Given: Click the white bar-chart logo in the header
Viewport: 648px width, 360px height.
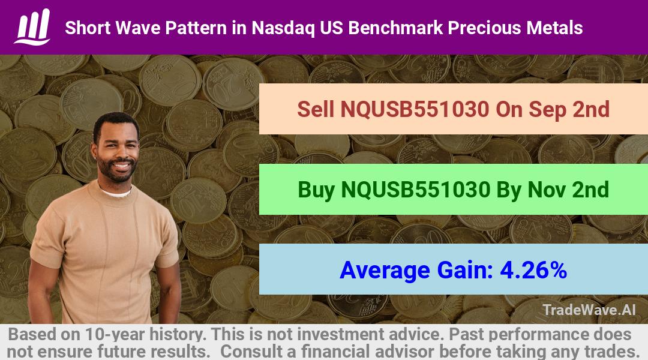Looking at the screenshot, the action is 32,27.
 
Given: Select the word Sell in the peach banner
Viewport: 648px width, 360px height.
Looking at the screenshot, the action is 316,109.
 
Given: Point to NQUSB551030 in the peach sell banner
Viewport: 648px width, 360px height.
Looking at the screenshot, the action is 415,109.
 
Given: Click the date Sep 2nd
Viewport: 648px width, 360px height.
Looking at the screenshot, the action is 553,110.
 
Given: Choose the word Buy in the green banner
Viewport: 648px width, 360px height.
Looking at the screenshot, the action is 316,190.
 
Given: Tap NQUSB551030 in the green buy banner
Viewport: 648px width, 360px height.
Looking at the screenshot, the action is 416,190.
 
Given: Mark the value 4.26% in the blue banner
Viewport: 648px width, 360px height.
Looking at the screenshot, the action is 533,270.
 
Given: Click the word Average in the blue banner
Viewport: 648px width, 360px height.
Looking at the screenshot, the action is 385,271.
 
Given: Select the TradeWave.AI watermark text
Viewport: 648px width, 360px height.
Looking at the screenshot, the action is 589,310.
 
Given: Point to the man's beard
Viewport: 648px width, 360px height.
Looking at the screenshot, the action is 118,172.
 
